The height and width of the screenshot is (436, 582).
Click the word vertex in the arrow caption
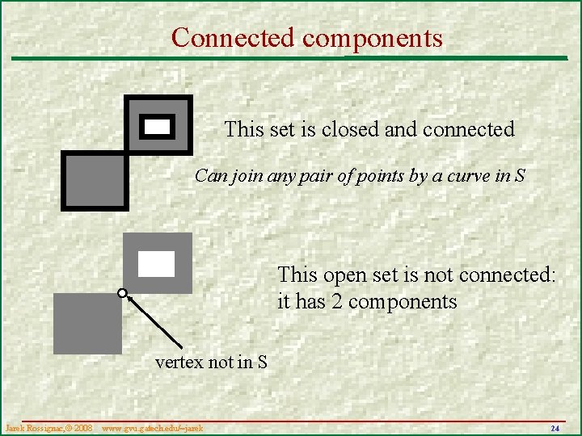179,363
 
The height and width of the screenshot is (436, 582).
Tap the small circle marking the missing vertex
123,293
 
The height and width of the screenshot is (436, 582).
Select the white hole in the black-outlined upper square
157,126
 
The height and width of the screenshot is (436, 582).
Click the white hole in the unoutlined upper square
156,263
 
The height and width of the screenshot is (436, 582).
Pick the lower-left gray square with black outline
95,181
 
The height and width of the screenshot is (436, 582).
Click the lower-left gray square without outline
87,323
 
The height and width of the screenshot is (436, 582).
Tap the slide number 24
555,427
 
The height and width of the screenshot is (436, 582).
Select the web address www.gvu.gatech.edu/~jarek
152,427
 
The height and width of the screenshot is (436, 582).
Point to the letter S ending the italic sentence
520,176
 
